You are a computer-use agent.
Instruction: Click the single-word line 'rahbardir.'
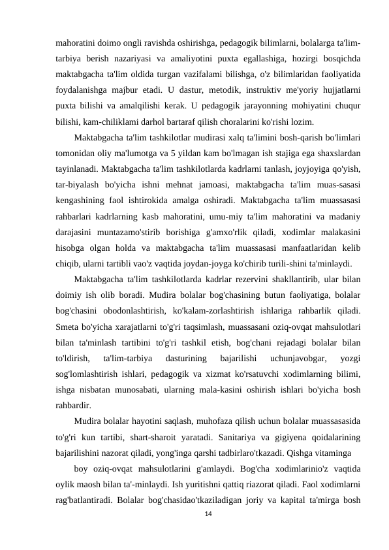click(x=75, y=405)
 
